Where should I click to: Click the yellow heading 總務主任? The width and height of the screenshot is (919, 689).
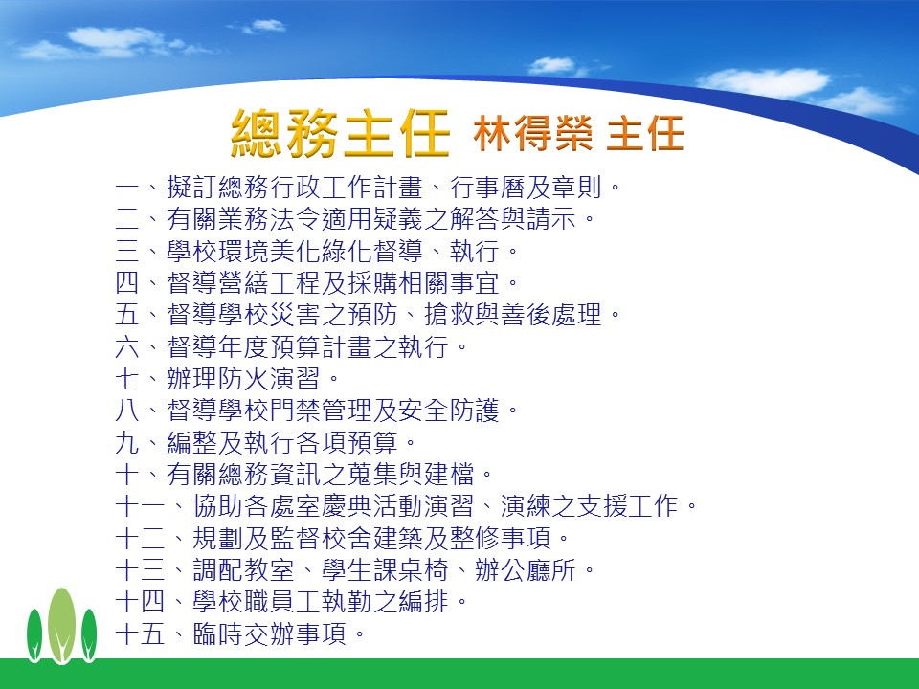click(x=341, y=134)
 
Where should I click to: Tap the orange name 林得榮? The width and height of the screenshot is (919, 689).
click(x=533, y=133)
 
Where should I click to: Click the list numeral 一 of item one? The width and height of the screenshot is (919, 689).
click(x=127, y=188)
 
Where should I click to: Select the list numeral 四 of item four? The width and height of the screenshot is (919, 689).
click(x=127, y=283)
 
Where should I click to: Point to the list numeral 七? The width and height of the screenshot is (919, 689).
click(x=127, y=379)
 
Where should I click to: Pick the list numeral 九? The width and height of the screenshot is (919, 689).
click(x=127, y=442)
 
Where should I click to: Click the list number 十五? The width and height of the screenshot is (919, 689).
click(x=140, y=633)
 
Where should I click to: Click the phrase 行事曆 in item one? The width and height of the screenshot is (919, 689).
click(x=487, y=188)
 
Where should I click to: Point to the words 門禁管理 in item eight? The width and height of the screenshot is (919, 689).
click(x=320, y=411)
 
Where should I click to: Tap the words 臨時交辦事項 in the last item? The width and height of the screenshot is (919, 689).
click(x=270, y=633)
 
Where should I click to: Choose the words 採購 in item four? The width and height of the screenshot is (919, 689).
click(x=372, y=283)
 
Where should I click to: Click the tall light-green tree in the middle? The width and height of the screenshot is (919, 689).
click(x=61, y=625)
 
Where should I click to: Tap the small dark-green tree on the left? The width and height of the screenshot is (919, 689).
click(x=34, y=635)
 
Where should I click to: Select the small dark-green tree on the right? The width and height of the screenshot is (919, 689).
click(x=89, y=635)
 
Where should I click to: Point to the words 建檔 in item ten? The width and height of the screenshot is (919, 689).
click(x=449, y=474)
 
